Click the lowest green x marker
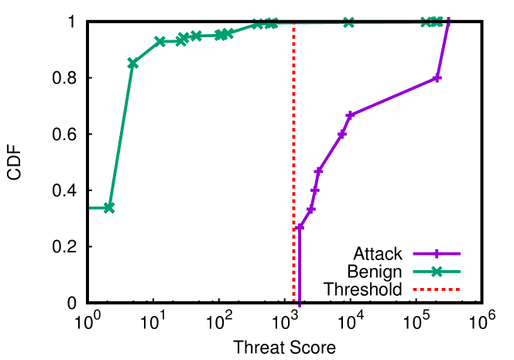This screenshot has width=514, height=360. point(108,207)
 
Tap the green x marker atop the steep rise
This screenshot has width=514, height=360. point(132,63)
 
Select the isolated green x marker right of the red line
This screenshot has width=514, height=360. point(348,22)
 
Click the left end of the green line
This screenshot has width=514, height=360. point(91,207)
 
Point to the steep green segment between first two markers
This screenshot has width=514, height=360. point(121,135)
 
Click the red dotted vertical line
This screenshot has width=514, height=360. point(293,155)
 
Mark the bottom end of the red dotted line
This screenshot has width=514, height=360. point(293,299)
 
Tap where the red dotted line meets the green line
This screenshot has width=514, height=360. point(293,24)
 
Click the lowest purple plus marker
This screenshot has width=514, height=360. point(300,227)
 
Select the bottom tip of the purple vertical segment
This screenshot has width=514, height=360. point(300,305)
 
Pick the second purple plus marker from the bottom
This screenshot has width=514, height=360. point(310,209)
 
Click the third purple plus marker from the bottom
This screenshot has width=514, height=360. point(315,190)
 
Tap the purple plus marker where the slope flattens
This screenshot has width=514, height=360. point(350,115)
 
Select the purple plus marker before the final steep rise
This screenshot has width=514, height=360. point(437,78)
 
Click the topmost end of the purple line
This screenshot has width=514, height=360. point(448,19)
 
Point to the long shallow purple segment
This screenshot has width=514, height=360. point(393,97)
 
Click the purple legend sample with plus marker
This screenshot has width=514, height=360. point(437,253)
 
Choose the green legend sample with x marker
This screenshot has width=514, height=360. point(437,272)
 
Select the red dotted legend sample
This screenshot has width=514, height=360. point(437,290)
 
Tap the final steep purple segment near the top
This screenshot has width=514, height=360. point(443,48)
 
